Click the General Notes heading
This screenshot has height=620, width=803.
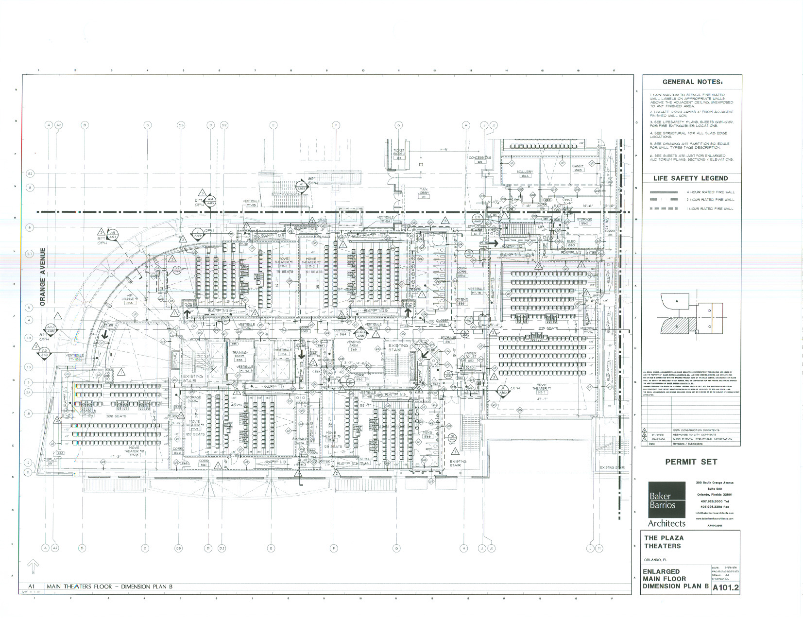click(x=692, y=82)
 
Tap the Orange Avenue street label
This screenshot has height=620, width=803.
click(x=43, y=277)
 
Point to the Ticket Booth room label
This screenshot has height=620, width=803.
click(x=398, y=153)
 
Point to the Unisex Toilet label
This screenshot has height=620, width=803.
click(x=470, y=355)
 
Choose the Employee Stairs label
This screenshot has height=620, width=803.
click(x=477, y=227)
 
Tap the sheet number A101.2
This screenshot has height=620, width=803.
click(x=725, y=588)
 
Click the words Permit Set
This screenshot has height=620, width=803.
click(x=691, y=462)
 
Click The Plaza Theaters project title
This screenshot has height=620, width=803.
click(x=664, y=542)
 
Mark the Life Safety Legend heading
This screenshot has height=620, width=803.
click(x=690, y=178)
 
